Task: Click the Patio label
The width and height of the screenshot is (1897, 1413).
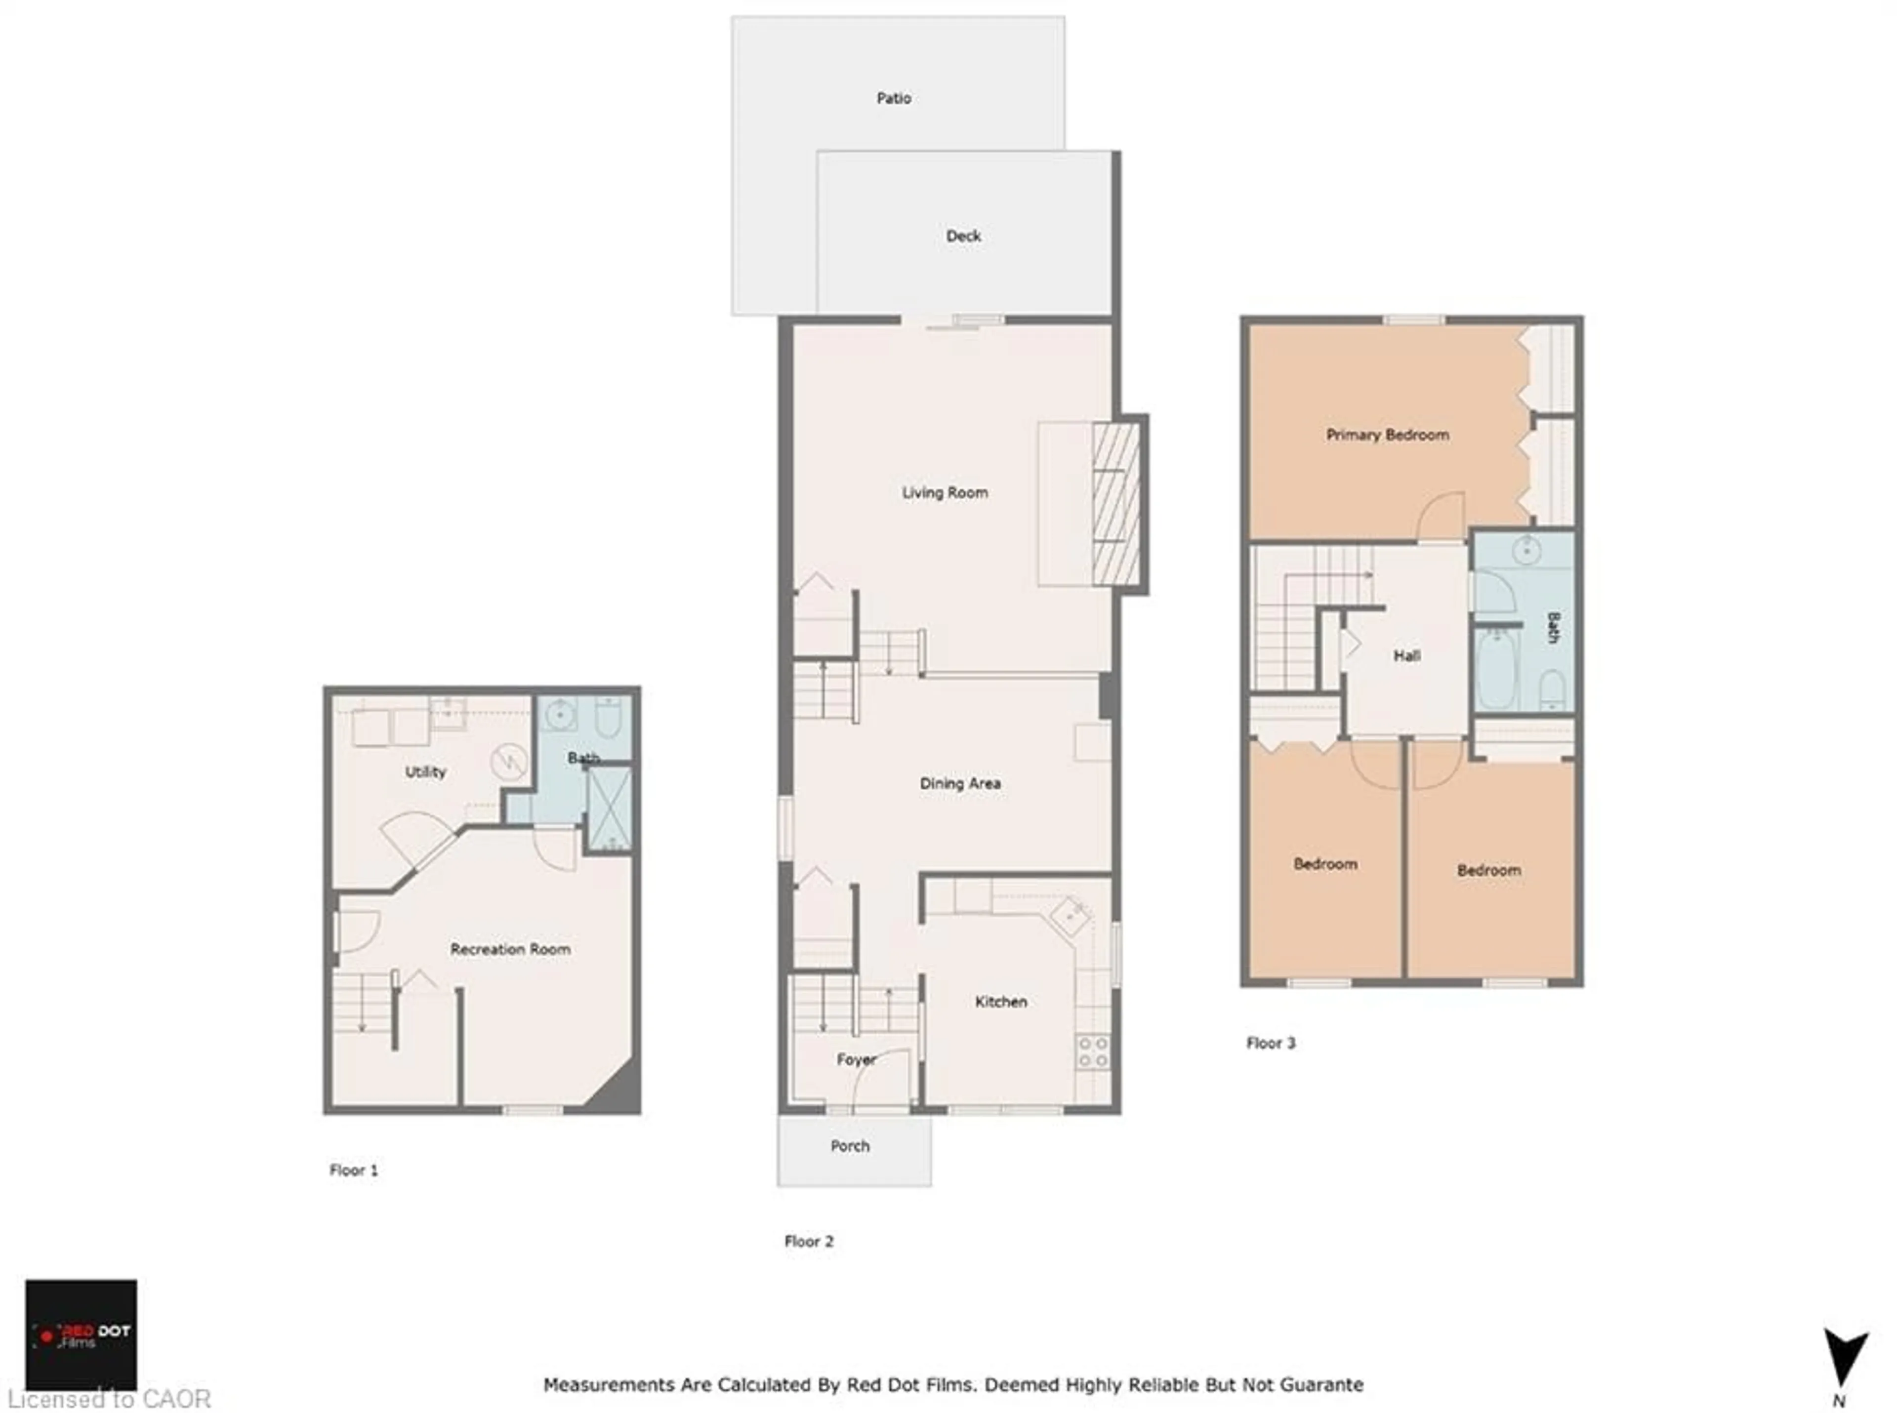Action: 893,98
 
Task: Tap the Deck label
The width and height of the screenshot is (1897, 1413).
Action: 963,236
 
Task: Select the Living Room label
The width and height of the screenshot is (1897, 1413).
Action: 945,493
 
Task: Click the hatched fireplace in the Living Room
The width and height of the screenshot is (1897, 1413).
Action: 1116,505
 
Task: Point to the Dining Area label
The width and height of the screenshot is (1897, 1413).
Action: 959,783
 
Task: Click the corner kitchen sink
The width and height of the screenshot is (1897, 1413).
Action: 1070,916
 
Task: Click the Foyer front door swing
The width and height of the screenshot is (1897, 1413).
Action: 881,1080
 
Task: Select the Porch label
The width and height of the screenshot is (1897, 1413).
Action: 850,1146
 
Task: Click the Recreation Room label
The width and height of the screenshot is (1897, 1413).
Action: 510,949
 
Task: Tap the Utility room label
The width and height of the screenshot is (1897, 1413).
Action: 425,772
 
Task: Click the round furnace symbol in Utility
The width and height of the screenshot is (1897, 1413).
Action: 508,761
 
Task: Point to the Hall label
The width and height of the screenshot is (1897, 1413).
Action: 1407,656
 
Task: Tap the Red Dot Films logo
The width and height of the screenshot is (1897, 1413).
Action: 82,1334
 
